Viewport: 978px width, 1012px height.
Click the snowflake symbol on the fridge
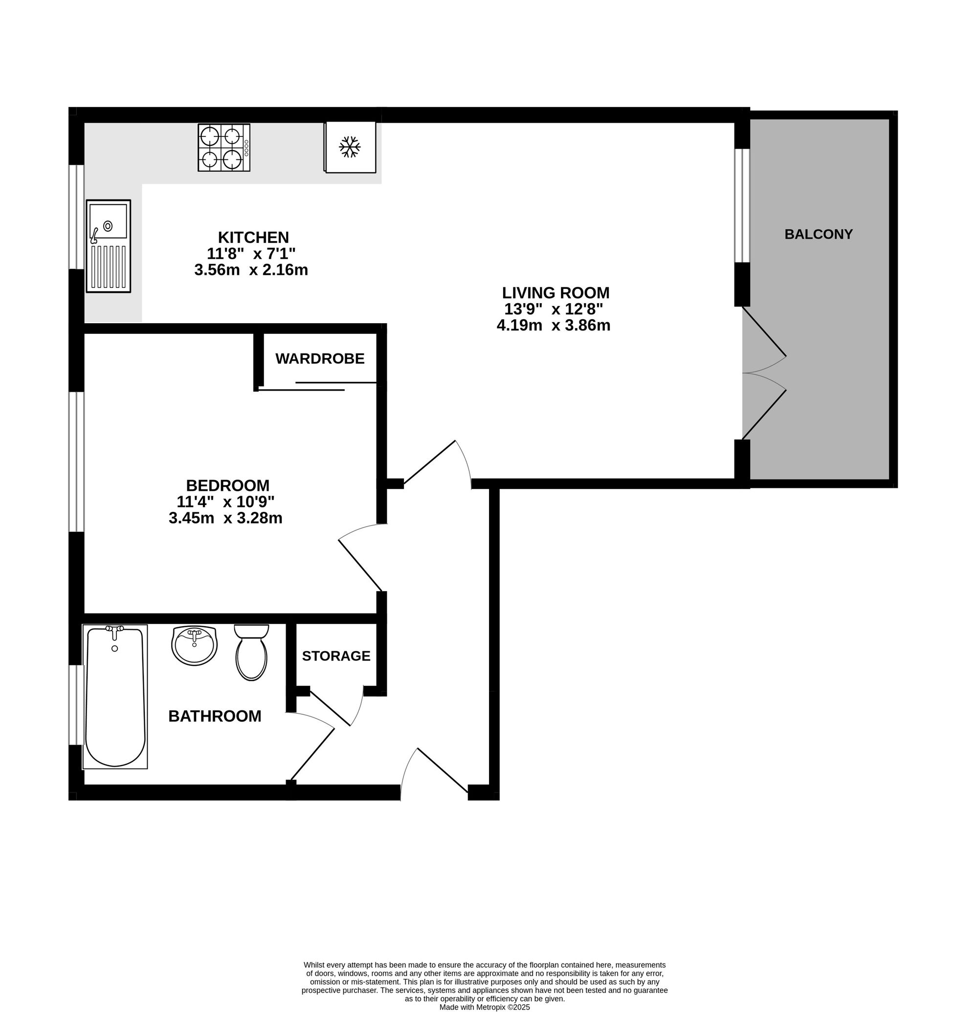[x=350, y=147]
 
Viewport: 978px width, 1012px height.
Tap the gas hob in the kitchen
[x=224, y=148]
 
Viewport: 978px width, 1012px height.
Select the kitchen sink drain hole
[x=108, y=226]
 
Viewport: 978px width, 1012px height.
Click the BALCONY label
[x=819, y=234]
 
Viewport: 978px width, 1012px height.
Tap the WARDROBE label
[x=320, y=359]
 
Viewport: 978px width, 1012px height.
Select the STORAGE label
[x=336, y=656]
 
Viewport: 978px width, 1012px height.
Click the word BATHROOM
[x=215, y=716]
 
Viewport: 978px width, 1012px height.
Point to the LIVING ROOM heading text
[x=556, y=293]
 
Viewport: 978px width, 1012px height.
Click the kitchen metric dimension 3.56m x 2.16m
[x=251, y=270]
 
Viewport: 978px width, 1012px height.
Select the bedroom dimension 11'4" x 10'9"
[x=225, y=501]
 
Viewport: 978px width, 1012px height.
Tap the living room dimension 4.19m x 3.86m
[x=554, y=325]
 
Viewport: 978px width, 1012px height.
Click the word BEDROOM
[x=228, y=485]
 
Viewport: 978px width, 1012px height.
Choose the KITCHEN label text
[x=253, y=238]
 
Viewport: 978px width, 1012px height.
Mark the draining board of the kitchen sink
[x=109, y=266]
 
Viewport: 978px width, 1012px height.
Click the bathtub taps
[x=114, y=629]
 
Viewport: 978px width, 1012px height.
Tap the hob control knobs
[x=246, y=148]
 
